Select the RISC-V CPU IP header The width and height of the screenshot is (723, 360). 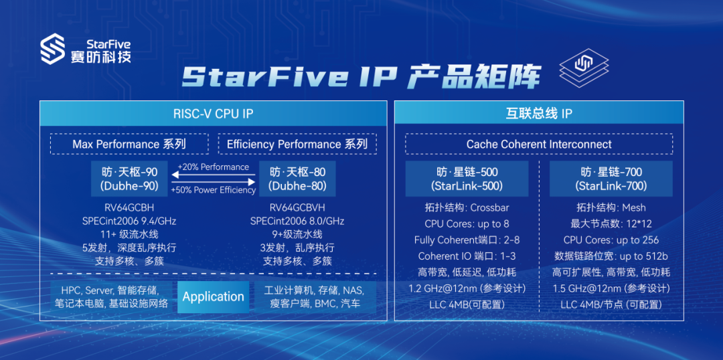point(213,113)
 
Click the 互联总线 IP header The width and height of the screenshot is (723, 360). point(538,113)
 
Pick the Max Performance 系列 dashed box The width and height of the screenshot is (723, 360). point(129,144)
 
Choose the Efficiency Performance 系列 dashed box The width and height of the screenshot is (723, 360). point(297,144)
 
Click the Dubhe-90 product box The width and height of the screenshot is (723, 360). point(129,179)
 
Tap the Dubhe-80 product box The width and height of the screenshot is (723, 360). point(298,179)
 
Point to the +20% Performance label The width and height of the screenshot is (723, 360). point(214,167)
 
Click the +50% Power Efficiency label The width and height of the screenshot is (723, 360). point(214,190)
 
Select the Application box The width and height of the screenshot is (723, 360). point(213,297)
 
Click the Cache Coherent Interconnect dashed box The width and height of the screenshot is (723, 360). point(538,144)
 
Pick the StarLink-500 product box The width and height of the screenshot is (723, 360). point(467,179)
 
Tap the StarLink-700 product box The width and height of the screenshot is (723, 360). point(611,179)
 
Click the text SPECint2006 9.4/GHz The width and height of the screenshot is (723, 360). point(129,221)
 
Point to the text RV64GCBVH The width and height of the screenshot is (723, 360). point(298,207)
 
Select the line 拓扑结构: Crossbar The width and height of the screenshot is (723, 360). point(467,207)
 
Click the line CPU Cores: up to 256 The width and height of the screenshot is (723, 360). point(611,240)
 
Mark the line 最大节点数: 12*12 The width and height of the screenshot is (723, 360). point(611,223)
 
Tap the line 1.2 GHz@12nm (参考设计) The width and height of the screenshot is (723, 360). point(467,288)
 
